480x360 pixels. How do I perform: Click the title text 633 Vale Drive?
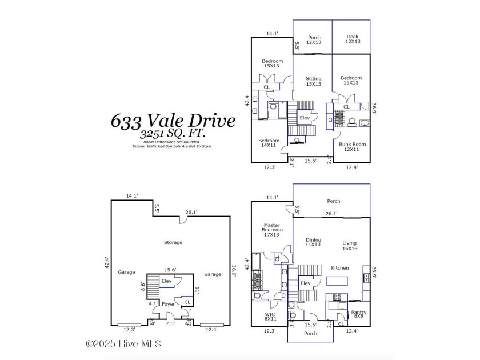[x=173, y=121]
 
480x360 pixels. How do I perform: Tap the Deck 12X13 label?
[x=352, y=38]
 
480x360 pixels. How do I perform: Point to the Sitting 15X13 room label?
[x=313, y=81]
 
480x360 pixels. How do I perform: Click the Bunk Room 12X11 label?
[x=352, y=146]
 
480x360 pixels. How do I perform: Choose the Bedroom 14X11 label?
[x=269, y=143]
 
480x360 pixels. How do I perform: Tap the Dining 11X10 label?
[x=313, y=242]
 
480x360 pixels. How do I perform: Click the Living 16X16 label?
[x=350, y=245]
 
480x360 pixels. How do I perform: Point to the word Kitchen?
[x=339, y=267]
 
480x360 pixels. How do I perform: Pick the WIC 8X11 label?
[x=270, y=317]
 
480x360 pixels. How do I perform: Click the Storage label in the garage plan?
[x=173, y=242]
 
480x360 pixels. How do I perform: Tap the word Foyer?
[x=167, y=304]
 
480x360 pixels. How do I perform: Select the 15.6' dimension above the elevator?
[x=170, y=270]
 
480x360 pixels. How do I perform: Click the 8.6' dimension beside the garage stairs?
[x=143, y=286]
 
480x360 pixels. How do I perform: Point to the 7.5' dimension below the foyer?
[x=170, y=323]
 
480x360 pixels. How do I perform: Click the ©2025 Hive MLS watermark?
[x=123, y=343]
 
